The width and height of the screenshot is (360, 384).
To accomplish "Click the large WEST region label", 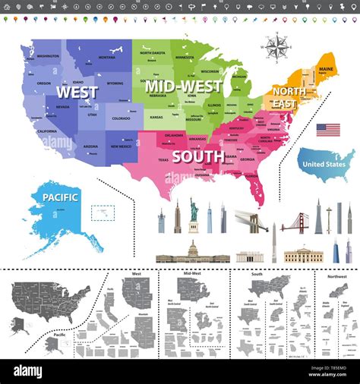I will click(77, 93).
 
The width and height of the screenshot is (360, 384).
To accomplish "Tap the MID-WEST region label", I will click(183, 86).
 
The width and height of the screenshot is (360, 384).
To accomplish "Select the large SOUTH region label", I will click(197, 157).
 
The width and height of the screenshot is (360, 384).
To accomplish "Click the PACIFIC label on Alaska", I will click(60, 197).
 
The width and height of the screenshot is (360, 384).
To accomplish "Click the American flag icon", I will click(328, 130).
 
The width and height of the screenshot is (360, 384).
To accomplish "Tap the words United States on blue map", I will click(324, 164).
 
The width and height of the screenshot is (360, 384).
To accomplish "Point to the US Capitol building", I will click(192, 253).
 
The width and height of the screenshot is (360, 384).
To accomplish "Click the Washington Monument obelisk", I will click(274, 243).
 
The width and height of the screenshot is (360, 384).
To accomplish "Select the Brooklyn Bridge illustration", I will click(251, 221).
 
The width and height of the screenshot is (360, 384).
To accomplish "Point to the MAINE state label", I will click(326, 70).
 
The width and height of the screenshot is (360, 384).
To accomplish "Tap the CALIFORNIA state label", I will click(46, 131).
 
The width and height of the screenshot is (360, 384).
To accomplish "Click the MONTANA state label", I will click(106, 58).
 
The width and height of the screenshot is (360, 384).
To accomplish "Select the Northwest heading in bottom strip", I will click(338, 276).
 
